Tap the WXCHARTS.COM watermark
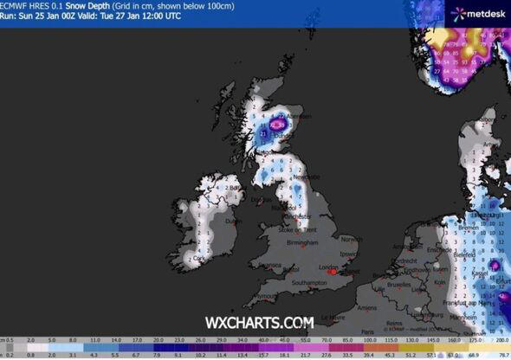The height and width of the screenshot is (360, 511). tap(259, 322)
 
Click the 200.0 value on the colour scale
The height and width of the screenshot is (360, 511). tap(501, 344)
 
